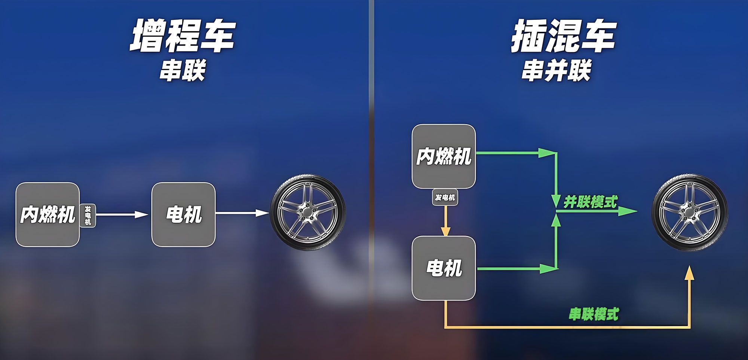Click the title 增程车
coord(183,36)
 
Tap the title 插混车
coord(564,36)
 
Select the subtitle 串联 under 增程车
coord(183,70)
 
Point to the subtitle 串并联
coord(556,70)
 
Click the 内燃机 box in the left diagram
coord(47,214)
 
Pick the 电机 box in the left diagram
coord(183,214)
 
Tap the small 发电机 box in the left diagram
coord(88,216)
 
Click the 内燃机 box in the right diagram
coord(444,156)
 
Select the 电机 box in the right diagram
coord(444,268)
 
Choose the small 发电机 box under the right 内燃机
coord(445,197)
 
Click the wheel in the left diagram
coord(307,213)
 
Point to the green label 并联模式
coord(590,202)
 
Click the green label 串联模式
coord(594,314)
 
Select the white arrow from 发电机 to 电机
coord(122,214)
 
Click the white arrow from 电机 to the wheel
coord(242,213)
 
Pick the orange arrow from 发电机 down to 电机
coord(445,221)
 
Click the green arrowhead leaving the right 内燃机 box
coord(546,153)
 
